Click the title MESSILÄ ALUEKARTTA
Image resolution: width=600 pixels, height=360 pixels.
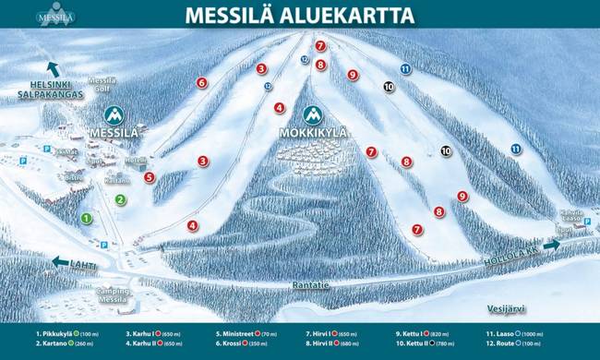[299, 16]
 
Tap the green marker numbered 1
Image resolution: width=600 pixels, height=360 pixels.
[86, 218]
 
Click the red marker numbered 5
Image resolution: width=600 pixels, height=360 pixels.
[150, 177]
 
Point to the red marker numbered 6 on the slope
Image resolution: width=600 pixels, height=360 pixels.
[201, 82]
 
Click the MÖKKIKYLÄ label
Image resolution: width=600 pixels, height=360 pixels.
[314, 133]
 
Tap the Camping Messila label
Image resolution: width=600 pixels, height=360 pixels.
[112, 295]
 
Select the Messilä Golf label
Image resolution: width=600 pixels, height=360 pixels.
[102, 84]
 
